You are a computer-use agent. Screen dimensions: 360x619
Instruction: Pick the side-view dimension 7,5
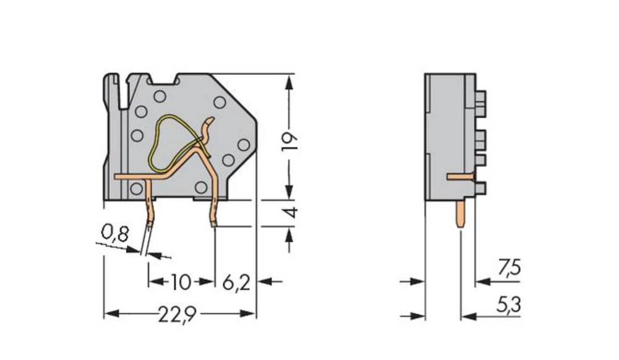[509, 268]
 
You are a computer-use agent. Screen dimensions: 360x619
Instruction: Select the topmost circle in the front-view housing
[160, 96]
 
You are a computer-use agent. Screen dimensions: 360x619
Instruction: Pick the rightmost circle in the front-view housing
[243, 145]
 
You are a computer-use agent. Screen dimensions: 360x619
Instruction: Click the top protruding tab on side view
[480, 98]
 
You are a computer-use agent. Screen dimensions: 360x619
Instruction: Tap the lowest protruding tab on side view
[480, 188]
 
